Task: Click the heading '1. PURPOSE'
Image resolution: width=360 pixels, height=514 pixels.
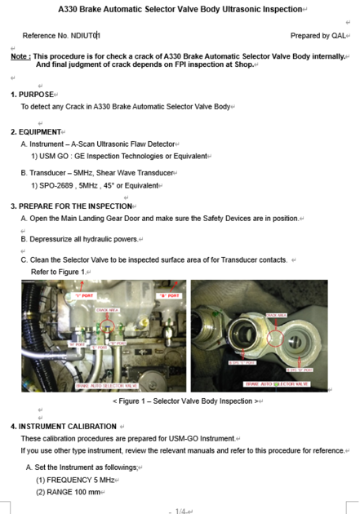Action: pos(35,95)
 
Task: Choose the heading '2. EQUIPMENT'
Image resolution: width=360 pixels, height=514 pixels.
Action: pos(38,131)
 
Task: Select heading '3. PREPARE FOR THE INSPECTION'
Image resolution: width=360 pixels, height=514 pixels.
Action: pos(72,206)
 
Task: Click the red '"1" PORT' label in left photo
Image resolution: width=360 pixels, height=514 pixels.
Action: pos(84,295)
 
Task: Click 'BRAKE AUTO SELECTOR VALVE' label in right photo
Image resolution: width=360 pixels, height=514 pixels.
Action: pos(278,383)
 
